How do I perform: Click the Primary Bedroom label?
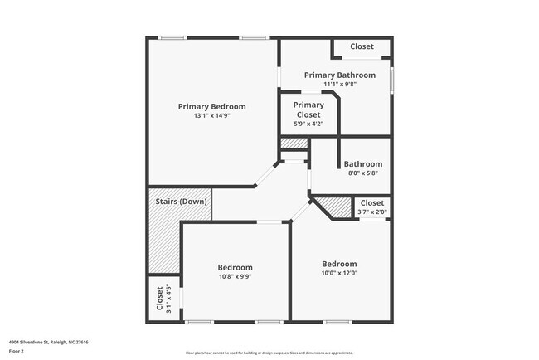click(x=212, y=106)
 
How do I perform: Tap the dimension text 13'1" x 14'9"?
click(x=212, y=116)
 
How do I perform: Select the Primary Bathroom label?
click(x=339, y=75)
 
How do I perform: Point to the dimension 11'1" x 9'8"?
click(x=339, y=84)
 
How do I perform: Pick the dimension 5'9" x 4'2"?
click(x=308, y=124)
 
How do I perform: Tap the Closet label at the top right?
click(x=362, y=46)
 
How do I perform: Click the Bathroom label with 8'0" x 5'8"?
click(x=363, y=164)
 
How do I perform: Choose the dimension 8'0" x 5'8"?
click(x=363, y=173)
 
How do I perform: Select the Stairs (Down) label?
click(x=181, y=202)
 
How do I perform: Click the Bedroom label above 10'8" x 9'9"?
click(x=235, y=267)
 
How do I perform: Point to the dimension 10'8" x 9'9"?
click(x=235, y=277)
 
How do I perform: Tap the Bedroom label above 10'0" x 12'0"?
click(x=339, y=264)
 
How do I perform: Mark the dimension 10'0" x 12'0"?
click(x=339, y=273)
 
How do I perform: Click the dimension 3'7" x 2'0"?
click(x=372, y=212)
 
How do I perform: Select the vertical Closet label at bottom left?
click(x=159, y=299)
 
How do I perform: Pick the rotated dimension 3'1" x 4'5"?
click(x=169, y=299)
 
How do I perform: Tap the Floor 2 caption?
click(x=17, y=351)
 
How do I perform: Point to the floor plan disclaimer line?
click(x=269, y=353)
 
